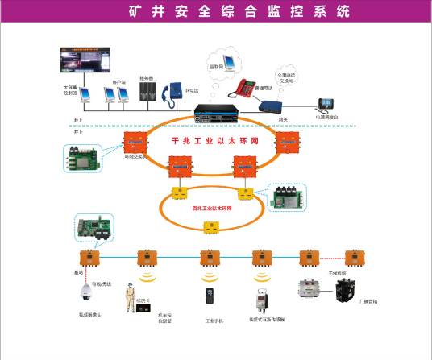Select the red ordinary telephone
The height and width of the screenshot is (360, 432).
[x=244, y=84]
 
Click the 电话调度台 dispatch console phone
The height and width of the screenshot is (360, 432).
[x=328, y=103]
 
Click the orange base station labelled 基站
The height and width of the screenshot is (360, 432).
[x=85, y=258]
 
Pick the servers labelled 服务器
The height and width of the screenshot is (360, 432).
[x=147, y=94]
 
